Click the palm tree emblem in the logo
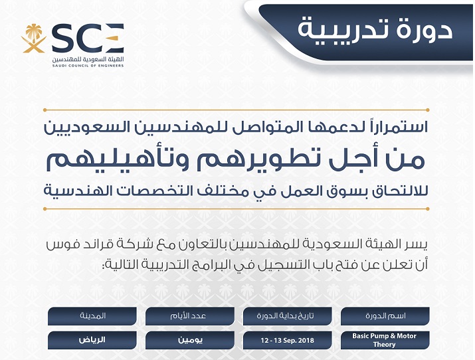tap(34, 38)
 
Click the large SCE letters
tap(88, 38)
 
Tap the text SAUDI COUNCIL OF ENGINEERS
tap(88, 65)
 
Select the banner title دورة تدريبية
tap(375, 31)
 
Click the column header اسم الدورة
tap(385, 315)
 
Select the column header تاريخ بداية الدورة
tap(287, 315)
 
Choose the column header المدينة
tap(92, 315)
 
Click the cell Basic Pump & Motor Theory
tap(385, 340)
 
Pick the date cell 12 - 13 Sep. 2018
tap(287, 340)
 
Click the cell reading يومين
tap(189, 340)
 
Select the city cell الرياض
tap(92, 339)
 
